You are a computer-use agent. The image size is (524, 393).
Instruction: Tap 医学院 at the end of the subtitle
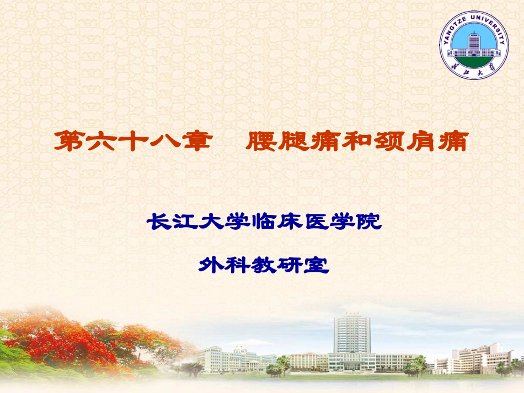342,223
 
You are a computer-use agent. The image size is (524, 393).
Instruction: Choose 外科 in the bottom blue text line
224,266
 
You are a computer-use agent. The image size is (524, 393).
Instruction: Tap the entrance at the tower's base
351,364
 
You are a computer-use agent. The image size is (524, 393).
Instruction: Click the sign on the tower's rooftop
351,314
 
